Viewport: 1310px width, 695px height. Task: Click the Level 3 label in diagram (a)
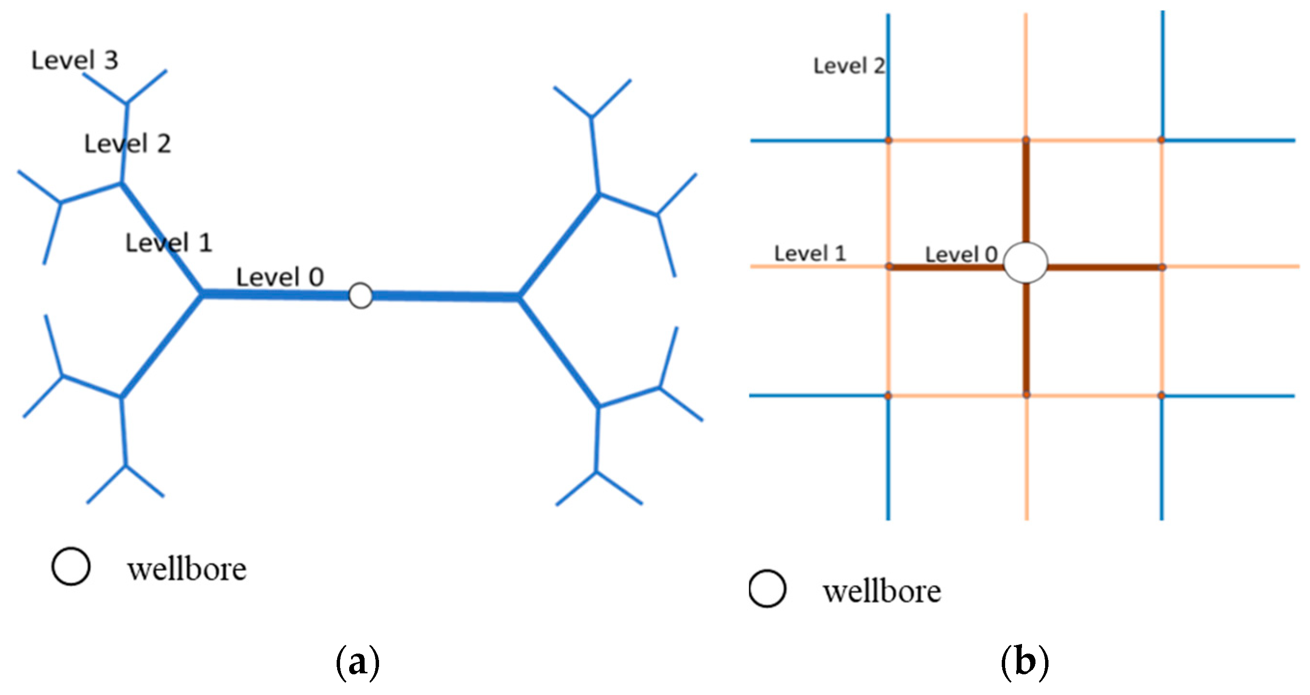(75, 61)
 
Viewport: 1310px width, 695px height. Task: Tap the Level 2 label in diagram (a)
(127, 144)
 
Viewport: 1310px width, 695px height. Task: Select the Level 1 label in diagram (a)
(169, 243)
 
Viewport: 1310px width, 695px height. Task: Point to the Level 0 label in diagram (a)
(280, 277)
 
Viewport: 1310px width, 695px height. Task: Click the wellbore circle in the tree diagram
(361, 296)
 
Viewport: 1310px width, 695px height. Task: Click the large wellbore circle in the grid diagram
(1025, 262)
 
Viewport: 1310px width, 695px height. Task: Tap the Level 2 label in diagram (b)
(849, 66)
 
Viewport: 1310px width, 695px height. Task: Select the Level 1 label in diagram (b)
(810, 254)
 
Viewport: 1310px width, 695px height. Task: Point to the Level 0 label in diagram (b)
(961, 255)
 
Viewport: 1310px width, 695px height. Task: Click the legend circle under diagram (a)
(71, 566)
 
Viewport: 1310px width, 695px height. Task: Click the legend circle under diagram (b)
(767, 589)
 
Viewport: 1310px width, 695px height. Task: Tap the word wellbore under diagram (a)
(187, 569)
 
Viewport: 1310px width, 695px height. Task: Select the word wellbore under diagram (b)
(882, 592)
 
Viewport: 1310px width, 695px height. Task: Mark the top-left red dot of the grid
(889, 140)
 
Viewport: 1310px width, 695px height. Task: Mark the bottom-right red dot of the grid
(1161, 395)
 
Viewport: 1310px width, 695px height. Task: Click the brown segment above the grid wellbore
(1026, 193)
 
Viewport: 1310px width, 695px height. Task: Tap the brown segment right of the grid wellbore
(1103, 267)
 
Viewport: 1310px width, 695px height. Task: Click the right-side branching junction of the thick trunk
(518, 297)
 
